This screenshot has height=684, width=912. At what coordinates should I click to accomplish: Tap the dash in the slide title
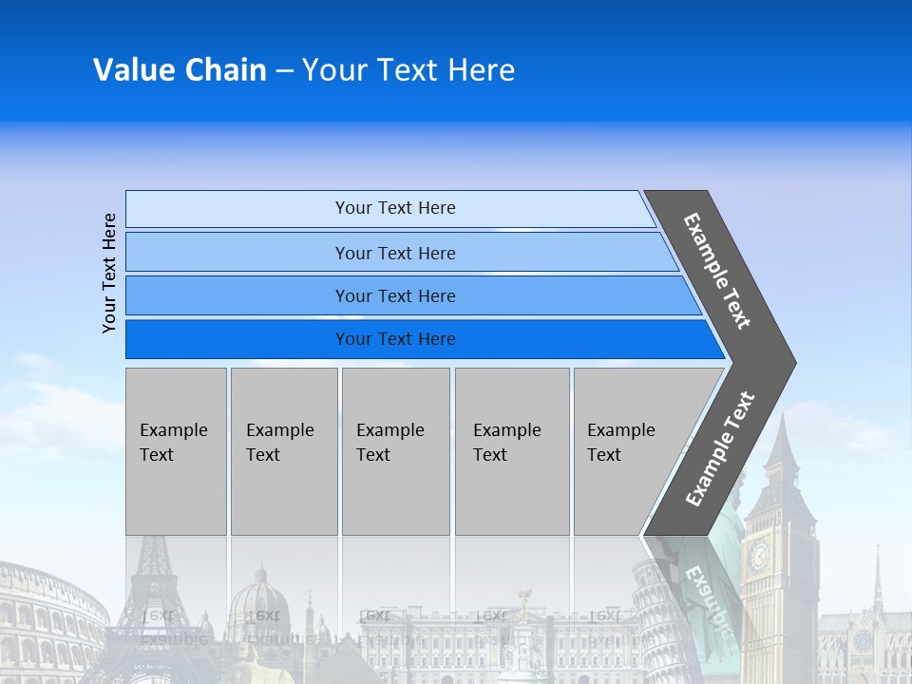(x=284, y=70)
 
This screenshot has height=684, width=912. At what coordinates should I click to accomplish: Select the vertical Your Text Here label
(x=109, y=273)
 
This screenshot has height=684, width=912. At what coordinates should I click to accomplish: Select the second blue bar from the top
(x=395, y=253)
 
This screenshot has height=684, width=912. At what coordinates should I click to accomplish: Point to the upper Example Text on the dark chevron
(x=718, y=271)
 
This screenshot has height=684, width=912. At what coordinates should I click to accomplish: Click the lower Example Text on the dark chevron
(x=720, y=448)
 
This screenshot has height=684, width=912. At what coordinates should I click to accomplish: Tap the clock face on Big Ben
(x=759, y=557)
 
